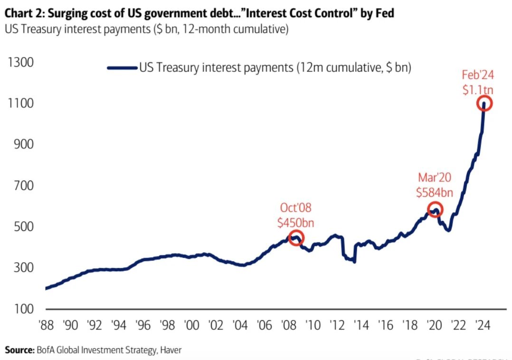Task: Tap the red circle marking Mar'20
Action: coord(435,209)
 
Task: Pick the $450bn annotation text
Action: coord(296,222)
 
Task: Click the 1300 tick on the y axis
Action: coord(20,62)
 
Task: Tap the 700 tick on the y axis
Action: coord(20,185)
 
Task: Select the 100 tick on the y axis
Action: coord(20,309)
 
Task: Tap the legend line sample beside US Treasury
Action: coord(122,67)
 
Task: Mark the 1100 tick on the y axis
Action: coord(20,103)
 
